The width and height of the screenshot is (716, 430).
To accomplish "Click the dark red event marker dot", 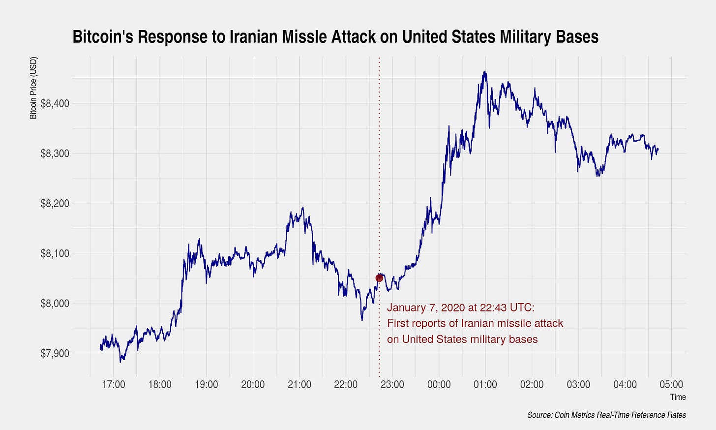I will [x=379, y=278].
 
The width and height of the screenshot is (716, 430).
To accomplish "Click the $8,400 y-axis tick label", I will [x=55, y=103].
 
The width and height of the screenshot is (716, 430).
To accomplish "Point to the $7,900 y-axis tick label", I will [x=55, y=353].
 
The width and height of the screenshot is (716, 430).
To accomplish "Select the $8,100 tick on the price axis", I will [x=55, y=253].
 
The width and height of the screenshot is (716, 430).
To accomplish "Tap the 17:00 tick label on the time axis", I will [x=113, y=384].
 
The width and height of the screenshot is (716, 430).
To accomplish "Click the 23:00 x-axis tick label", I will [x=392, y=384].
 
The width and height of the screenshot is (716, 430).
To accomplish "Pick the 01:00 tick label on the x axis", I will [x=485, y=384].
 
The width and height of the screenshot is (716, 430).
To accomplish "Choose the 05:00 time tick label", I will [x=671, y=384].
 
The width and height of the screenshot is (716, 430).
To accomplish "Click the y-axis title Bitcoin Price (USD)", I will [x=33, y=88].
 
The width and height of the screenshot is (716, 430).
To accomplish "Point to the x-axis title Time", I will [x=678, y=397].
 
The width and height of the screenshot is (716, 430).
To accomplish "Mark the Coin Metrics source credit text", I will [x=606, y=415].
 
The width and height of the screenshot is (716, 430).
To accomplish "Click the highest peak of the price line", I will [x=485, y=72].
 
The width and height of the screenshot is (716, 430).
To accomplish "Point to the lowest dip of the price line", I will [x=120, y=362].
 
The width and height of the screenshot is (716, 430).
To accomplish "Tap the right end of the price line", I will [x=658, y=149].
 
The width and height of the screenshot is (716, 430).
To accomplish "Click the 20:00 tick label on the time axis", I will [x=253, y=384].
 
